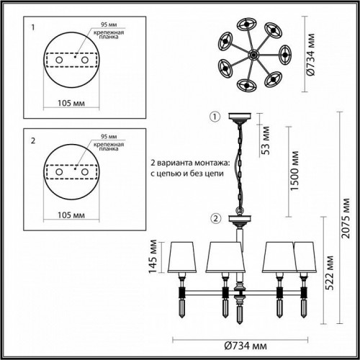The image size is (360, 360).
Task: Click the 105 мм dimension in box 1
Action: coord(69,102)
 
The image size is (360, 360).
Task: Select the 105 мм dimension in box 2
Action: coord(69,215)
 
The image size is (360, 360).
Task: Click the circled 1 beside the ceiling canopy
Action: coord(213,117)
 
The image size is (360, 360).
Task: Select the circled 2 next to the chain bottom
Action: coord(213,218)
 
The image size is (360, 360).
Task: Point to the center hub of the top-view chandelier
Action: coord(253,55)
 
